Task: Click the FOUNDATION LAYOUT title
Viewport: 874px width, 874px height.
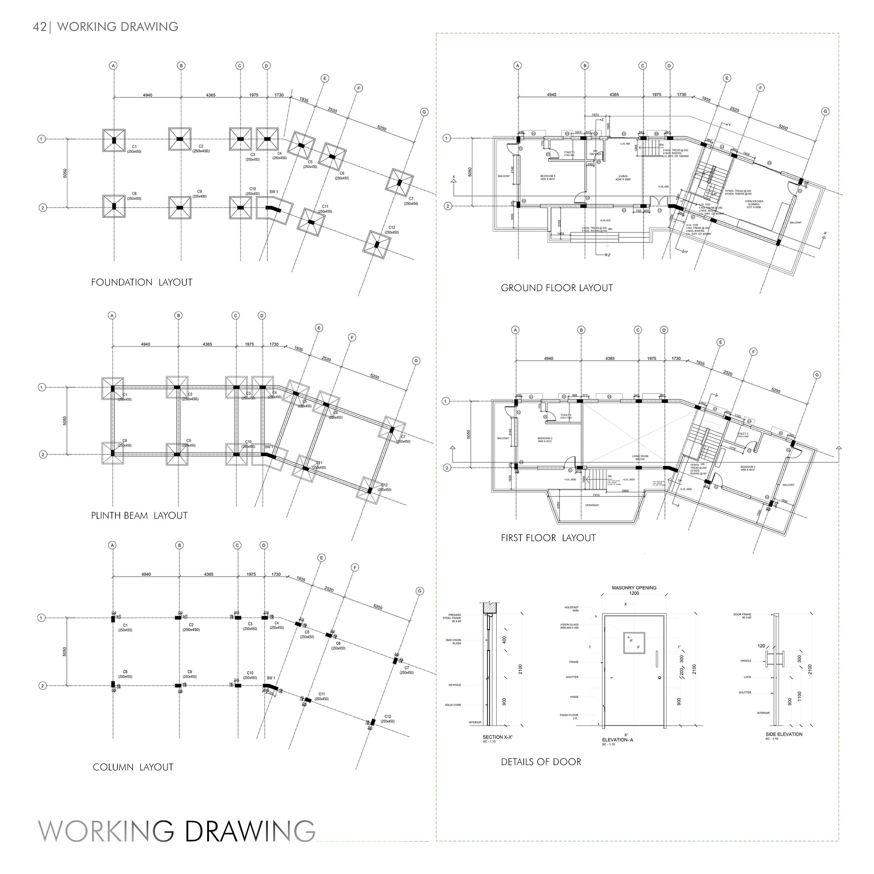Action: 141,282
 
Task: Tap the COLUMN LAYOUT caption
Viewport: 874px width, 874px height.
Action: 133,767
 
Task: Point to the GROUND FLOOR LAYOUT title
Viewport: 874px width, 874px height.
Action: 557,288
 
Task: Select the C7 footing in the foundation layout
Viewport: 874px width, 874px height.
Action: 399,182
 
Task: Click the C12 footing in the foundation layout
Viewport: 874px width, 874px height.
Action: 377,245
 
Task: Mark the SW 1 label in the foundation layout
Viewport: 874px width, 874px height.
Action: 274,192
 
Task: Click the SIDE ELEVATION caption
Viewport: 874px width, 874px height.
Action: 784,734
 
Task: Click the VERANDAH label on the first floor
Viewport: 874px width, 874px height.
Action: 592,505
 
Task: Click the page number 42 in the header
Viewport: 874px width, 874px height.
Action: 39,27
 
